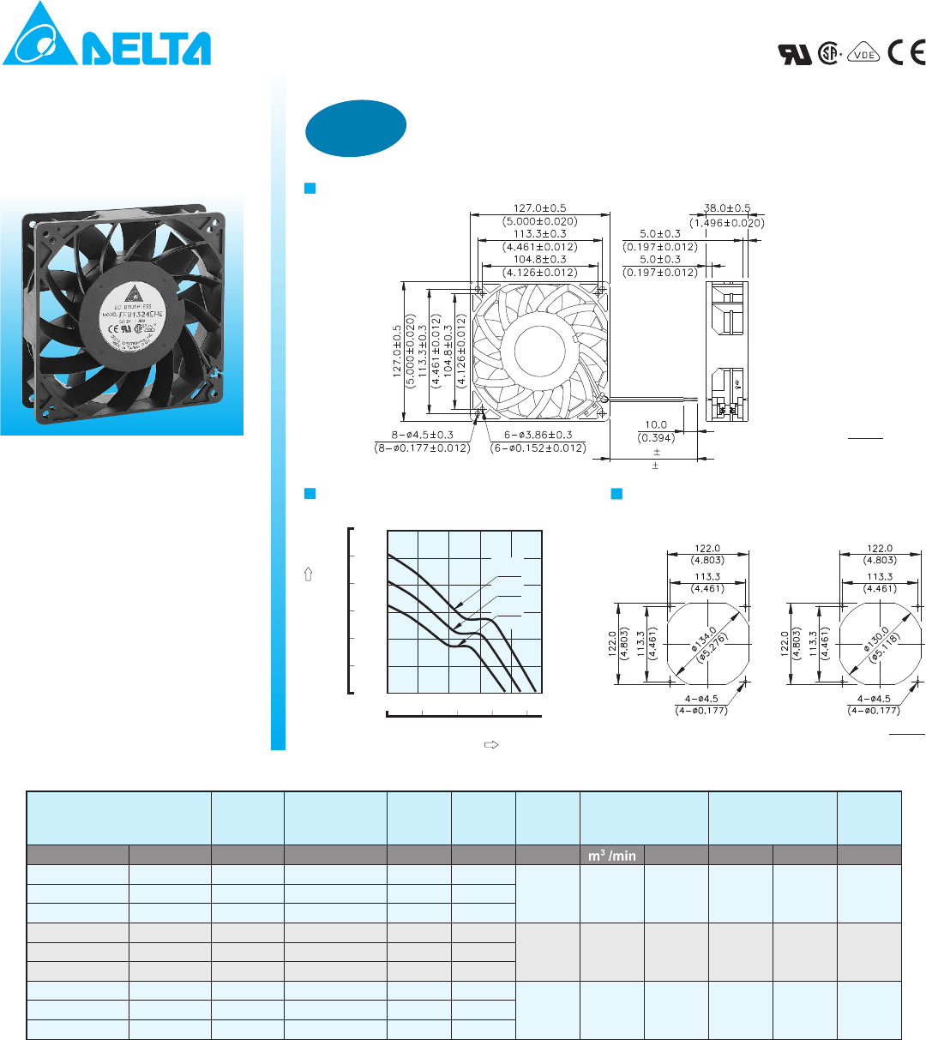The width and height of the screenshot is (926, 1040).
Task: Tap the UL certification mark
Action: [794, 54]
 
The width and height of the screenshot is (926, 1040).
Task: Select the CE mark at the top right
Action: [906, 53]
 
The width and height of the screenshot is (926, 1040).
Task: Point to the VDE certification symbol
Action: [864, 54]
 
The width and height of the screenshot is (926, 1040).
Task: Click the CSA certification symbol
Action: [828, 54]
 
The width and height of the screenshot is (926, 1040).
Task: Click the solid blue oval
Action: [356, 129]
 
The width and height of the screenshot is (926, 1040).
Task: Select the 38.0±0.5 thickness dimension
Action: [727, 208]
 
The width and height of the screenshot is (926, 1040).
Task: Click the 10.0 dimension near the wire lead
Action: [656, 425]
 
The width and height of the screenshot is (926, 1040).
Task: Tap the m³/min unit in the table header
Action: [612, 856]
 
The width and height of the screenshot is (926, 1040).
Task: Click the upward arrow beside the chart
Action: [308, 576]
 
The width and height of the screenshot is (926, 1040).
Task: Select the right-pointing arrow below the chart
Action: [491, 744]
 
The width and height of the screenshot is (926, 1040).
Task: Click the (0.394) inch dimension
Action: [656, 439]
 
